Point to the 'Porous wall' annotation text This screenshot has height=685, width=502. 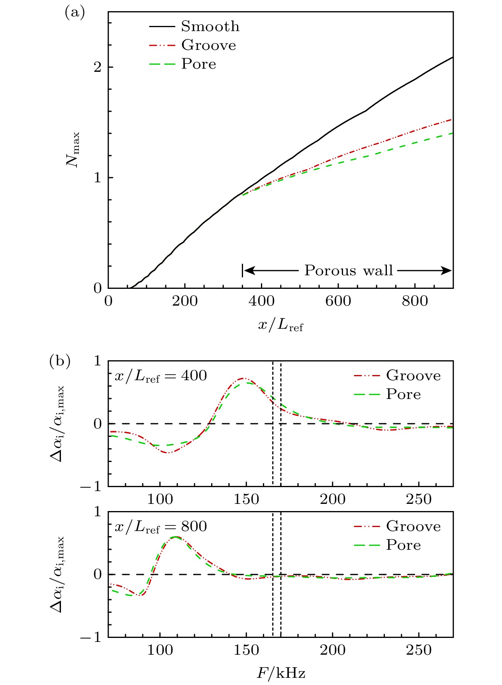coord(349,270)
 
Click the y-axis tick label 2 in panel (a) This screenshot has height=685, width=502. coord(98,67)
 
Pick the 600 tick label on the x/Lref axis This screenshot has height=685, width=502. coord(338,301)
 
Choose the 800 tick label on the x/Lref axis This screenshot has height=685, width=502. coord(415,301)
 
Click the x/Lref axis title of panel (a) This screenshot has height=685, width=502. coord(280,325)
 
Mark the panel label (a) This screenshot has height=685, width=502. coord(75,13)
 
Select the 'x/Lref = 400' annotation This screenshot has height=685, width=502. coord(161,376)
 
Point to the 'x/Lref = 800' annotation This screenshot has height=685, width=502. coord(161,527)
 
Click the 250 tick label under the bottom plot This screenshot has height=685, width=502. coord(419,650)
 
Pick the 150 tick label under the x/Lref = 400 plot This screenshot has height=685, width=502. coord(246,499)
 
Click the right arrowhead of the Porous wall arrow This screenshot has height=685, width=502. coord(448,270)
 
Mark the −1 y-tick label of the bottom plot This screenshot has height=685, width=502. coord(91,638)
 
